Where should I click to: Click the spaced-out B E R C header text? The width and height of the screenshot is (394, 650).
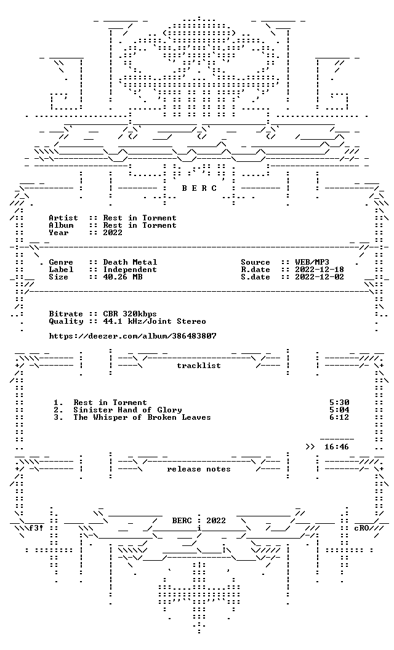[199, 188]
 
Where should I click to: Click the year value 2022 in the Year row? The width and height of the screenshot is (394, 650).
[113, 233]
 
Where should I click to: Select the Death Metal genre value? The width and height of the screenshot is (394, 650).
[131, 262]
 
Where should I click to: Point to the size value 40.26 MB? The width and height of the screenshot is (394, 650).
[123, 277]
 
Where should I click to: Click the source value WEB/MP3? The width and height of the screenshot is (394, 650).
[312, 262]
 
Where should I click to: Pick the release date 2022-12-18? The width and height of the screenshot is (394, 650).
[320, 270]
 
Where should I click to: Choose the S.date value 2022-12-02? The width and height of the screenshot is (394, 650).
[320, 277]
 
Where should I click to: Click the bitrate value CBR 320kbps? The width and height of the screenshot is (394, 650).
[131, 314]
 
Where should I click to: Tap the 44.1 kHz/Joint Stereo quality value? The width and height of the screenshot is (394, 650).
[155, 321]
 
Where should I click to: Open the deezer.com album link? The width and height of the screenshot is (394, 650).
[133, 336]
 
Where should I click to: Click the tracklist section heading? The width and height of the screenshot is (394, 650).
[199, 366]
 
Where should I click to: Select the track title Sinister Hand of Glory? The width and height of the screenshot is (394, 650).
[127, 410]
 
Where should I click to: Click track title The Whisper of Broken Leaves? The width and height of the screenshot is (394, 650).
[142, 417]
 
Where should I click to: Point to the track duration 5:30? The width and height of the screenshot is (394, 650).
[339, 403]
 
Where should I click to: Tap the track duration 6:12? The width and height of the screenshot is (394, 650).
[339, 417]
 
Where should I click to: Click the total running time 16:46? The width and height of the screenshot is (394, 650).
[337, 447]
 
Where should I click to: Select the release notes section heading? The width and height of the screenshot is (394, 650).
[199, 469]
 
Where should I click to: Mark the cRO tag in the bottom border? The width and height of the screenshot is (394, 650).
[361, 528]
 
